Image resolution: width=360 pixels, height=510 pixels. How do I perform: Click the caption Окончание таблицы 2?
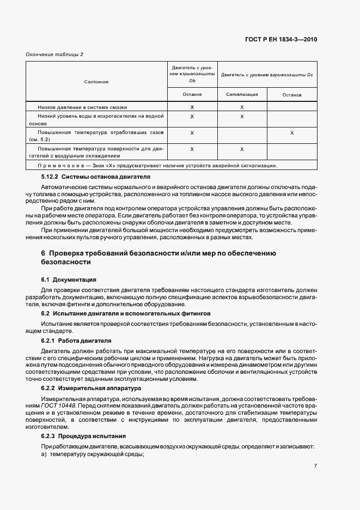54,54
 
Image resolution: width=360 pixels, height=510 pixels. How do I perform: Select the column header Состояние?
96,82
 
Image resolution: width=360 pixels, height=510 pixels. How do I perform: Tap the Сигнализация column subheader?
242,94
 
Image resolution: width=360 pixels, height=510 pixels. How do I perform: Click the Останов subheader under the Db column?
192,94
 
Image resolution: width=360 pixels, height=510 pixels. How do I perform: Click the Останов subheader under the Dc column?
292,95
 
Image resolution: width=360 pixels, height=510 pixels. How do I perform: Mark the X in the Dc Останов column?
292,133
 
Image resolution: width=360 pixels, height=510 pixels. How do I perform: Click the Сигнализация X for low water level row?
242,117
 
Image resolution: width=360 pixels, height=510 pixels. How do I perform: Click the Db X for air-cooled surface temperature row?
192,149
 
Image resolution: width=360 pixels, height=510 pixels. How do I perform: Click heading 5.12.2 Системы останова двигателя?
96,177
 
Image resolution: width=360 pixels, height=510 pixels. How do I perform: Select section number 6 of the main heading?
44,253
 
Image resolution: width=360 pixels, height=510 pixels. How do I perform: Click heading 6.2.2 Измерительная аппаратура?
91,388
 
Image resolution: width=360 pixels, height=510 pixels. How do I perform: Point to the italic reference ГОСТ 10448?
57,406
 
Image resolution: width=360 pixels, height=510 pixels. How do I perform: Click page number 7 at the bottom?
315,465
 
